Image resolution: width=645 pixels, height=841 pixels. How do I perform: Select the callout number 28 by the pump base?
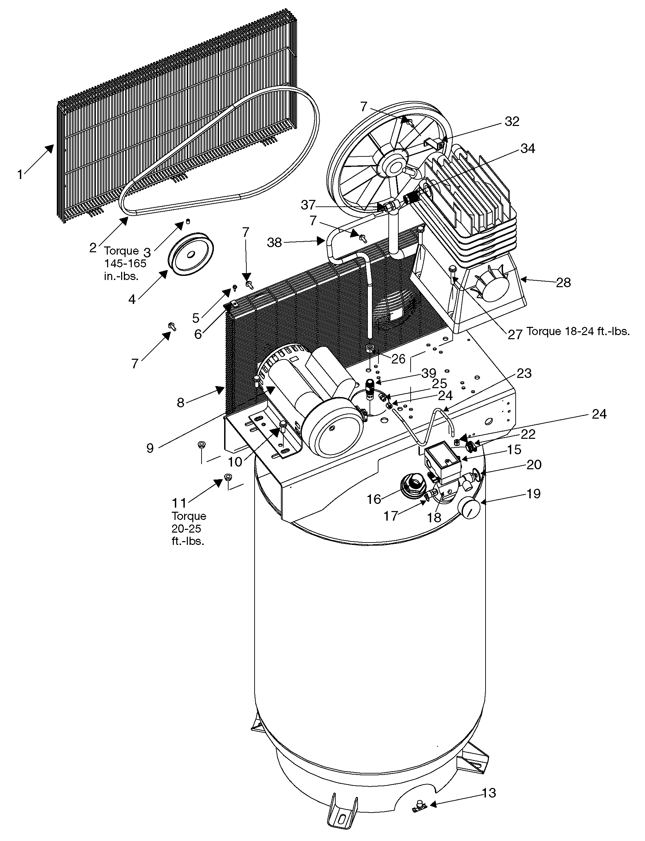[x=563, y=283]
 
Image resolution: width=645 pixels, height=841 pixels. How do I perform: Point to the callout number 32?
[x=512, y=122]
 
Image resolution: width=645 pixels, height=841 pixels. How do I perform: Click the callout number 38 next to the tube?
[x=274, y=242]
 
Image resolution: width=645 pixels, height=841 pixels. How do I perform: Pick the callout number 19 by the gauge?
[x=533, y=494]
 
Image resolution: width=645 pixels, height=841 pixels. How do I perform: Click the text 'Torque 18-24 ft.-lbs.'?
[x=578, y=331]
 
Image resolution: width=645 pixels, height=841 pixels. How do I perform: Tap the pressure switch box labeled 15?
[x=442, y=464]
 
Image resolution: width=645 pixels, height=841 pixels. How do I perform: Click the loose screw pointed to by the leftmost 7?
[x=172, y=327]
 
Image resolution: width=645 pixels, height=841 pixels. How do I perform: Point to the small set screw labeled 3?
[x=188, y=221]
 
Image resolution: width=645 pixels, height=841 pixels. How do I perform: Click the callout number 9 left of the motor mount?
[x=150, y=448]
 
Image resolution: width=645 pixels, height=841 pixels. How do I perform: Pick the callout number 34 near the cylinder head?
[x=527, y=148]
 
